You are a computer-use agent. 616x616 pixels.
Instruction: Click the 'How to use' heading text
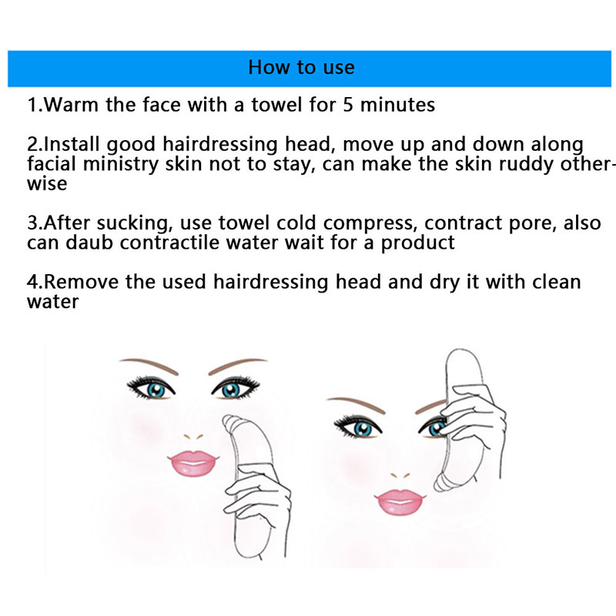301,67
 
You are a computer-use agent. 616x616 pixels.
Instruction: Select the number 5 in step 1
348,105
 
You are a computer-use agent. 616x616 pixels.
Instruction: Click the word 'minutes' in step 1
397,105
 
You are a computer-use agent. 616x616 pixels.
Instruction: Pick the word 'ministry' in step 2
121,165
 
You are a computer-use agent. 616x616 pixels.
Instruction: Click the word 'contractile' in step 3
169,243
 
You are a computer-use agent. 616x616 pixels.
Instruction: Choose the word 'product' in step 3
417,243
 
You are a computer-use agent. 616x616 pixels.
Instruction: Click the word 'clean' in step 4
556,282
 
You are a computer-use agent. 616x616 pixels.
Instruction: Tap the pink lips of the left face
192,464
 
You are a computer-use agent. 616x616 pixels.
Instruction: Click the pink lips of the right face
400,502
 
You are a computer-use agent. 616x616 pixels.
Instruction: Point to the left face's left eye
151,388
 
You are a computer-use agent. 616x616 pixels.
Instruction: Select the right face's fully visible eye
357,427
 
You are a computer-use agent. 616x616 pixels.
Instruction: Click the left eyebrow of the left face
149,365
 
